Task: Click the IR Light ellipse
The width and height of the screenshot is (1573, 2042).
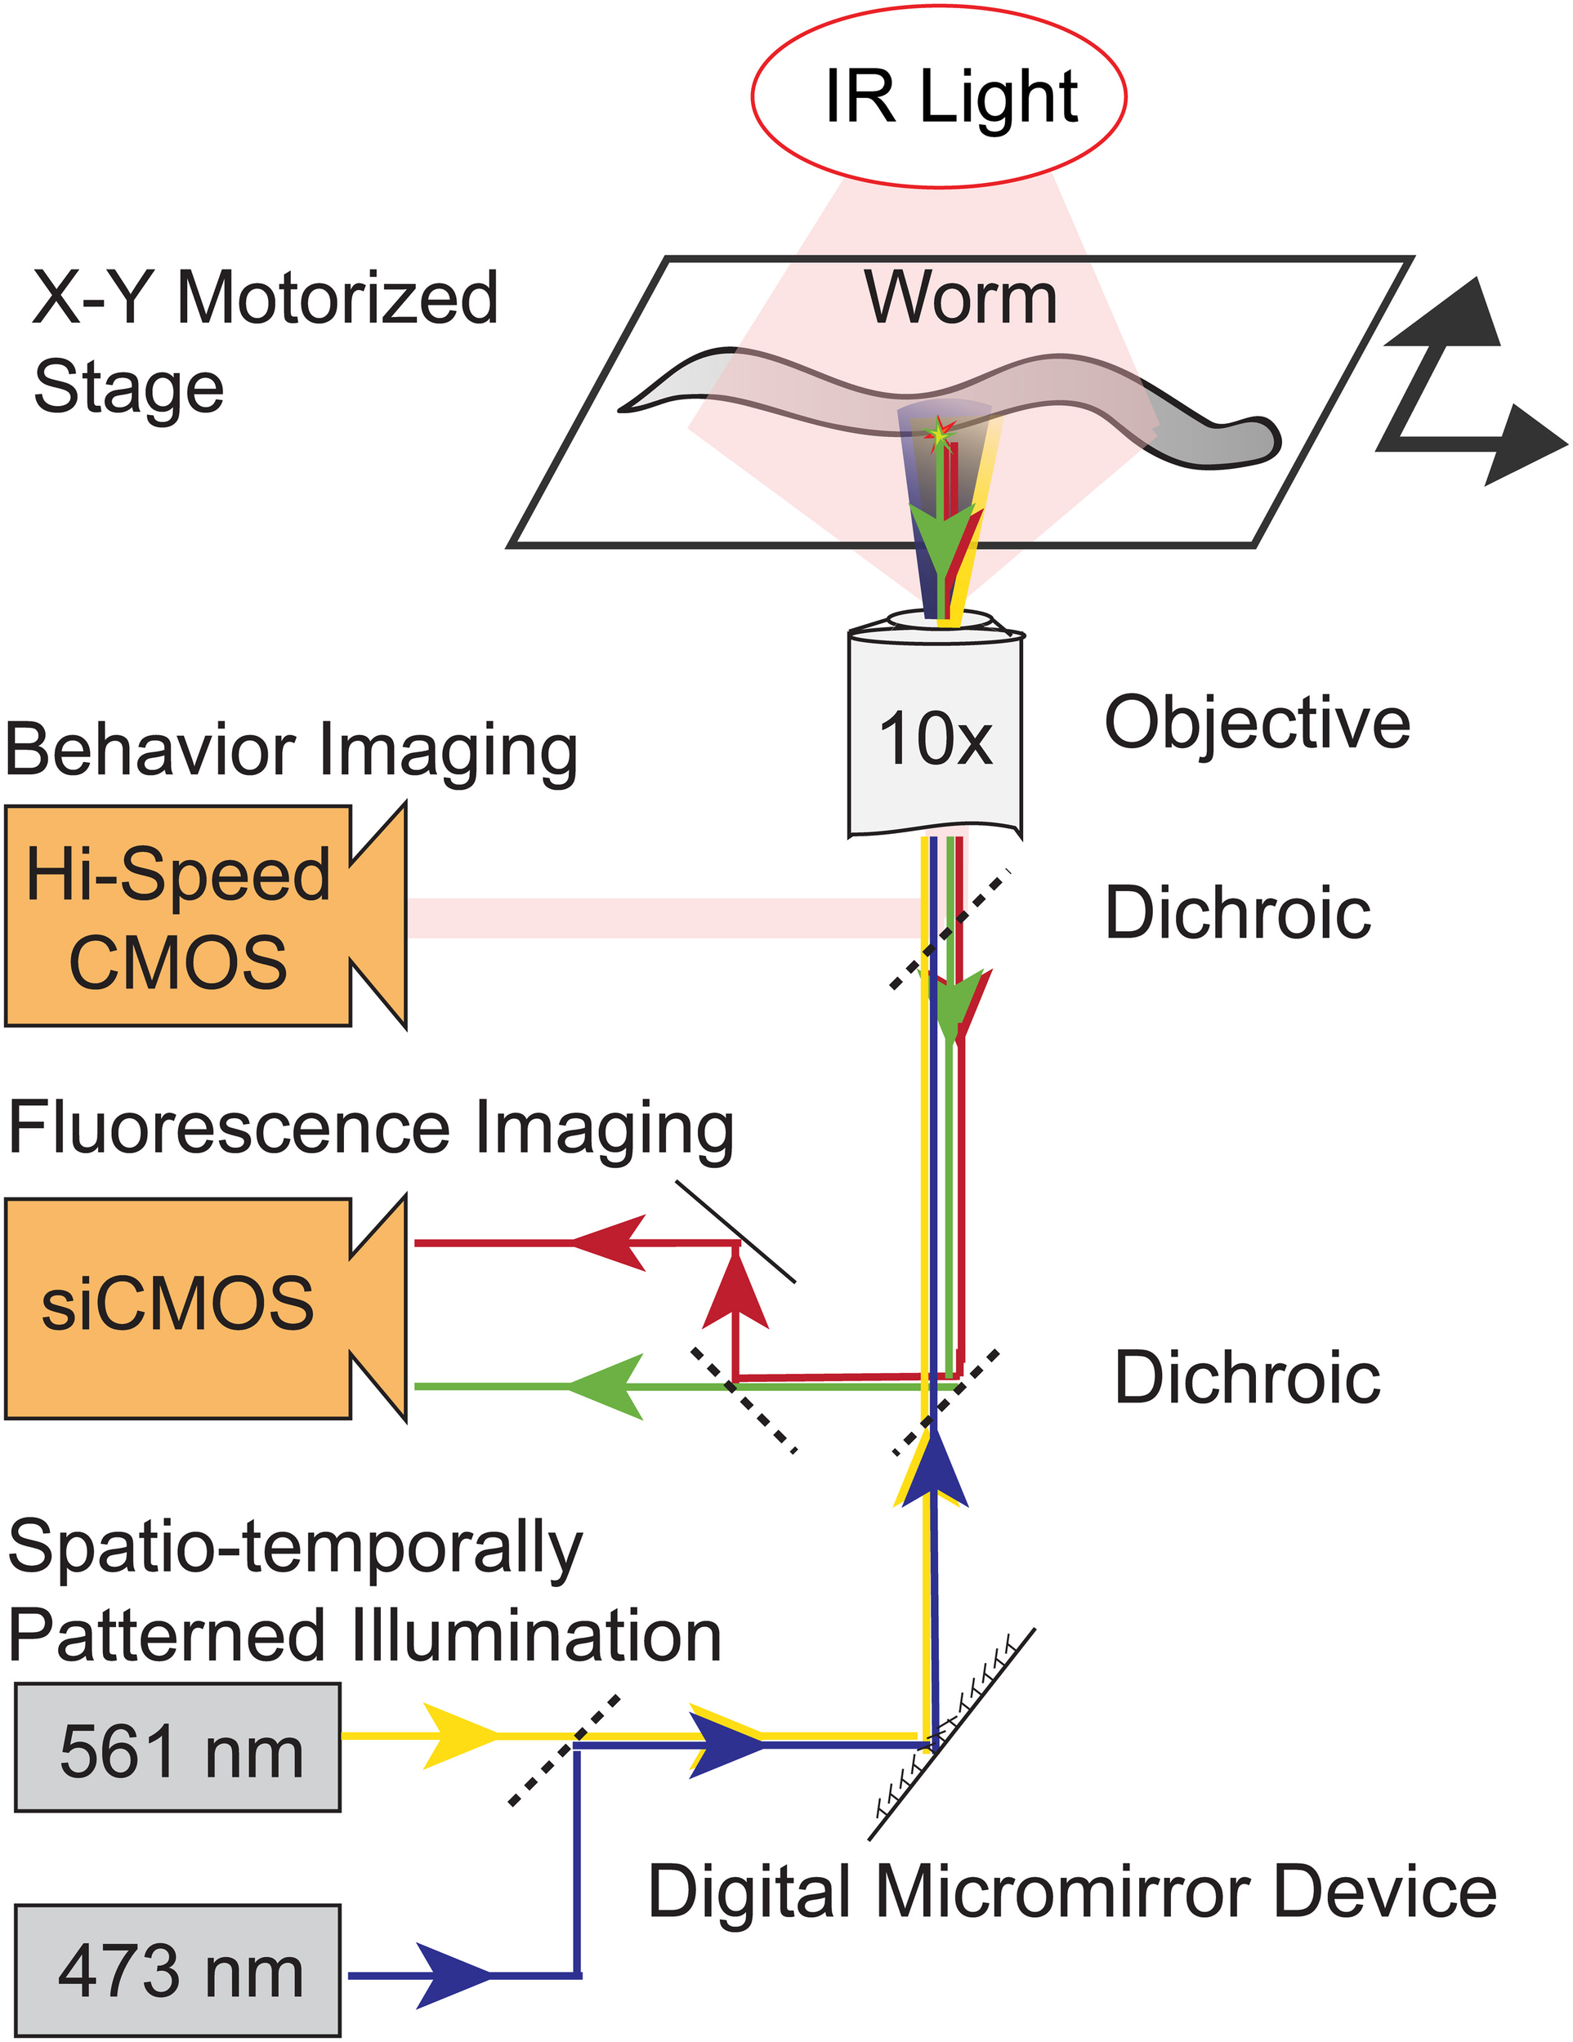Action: pyautogui.click(x=938, y=96)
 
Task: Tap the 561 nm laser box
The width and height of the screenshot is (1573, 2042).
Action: pyautogui.click(x=177, y=1749)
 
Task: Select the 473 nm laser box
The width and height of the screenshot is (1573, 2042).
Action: pyautogui.click(x=177, y=1970)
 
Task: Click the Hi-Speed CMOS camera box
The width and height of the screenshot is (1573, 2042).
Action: pyautogui.click(x=177, y=916)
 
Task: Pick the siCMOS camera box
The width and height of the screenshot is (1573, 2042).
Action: pyautogui.click(x=177, y=1306)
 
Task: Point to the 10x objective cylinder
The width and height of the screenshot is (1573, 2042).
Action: pyautogui.click(x=935, y=738)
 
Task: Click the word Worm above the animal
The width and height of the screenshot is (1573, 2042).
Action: pyautogui.click(x=960, y=298)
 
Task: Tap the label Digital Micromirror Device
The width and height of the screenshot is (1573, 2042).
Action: pyautogui.click(x=1072, y=1891)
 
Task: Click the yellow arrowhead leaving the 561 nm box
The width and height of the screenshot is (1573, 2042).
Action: pyautogui.click(x=458, y=1736)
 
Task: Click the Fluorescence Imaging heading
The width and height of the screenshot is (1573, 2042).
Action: pyautogui.click(x=370, y=1129)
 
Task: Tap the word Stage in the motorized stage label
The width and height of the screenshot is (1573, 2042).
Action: pyautogui.click(x=129, y=387)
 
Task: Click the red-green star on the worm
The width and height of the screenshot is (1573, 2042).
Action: pyautogui.click(x=939, y=433)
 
